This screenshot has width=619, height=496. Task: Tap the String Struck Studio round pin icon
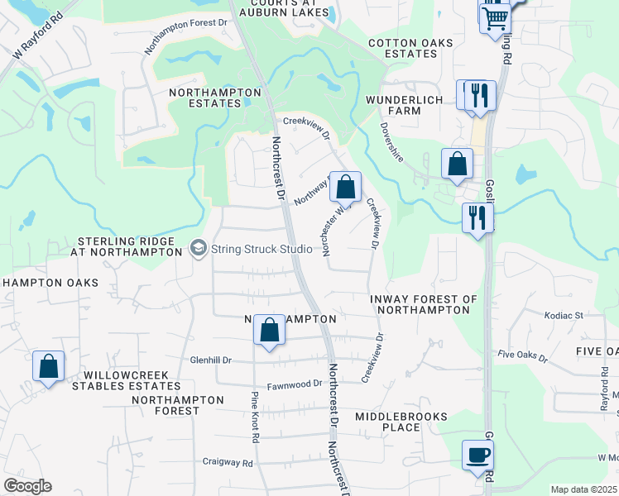click(198, 247)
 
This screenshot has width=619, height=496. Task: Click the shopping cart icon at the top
click(495, 17)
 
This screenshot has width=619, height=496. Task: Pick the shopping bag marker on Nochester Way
click(346, 188)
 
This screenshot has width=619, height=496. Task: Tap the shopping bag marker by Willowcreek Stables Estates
click(49, 367)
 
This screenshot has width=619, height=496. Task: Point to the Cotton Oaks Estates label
click(402, 48)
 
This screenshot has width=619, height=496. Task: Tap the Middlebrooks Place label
click(401, 422)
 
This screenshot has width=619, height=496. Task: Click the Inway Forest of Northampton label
click(424, 304)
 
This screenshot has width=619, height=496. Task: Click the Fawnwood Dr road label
click(294, 384)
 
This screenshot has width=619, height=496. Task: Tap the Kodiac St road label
click(564, 315)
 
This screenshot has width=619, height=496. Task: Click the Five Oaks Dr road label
click(522, 356)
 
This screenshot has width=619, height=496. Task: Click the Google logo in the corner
click(27, 486)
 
